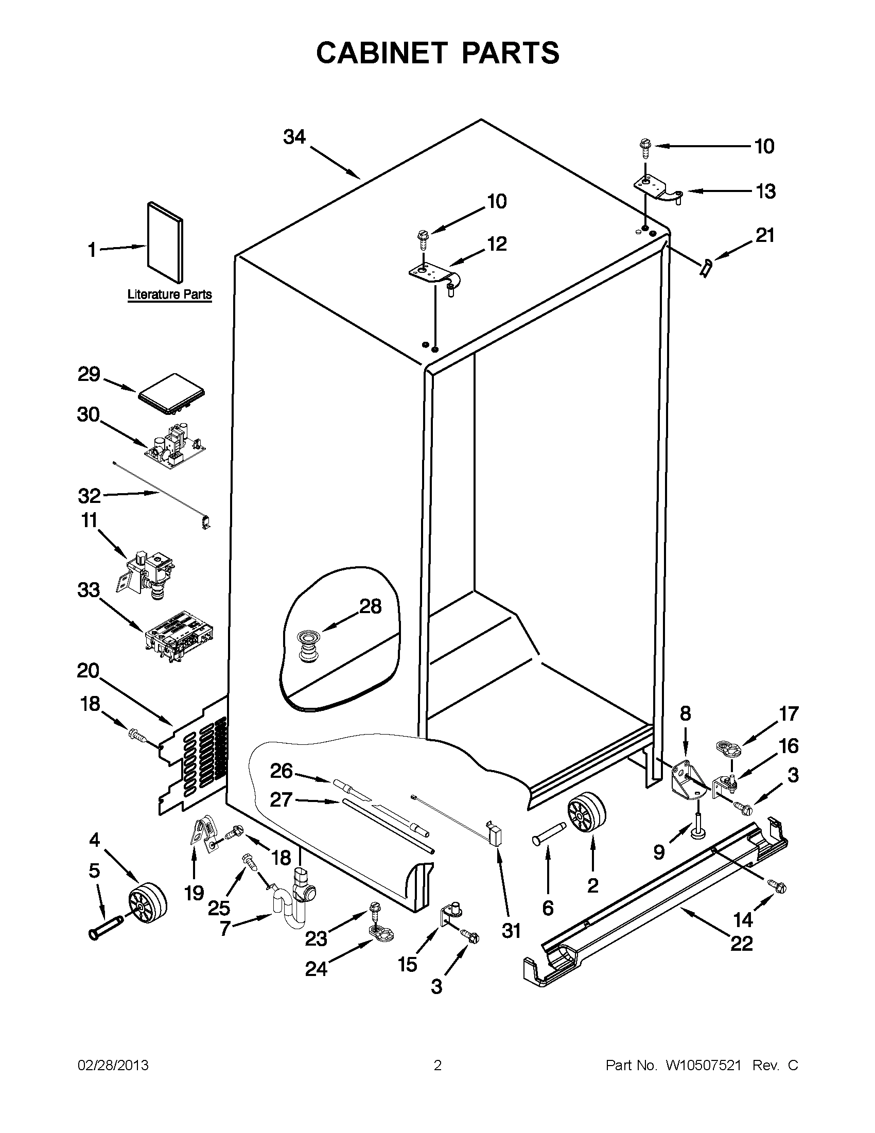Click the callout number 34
tap(294, 137)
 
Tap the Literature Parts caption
tap(170, 294)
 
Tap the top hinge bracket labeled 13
tap(655, 188)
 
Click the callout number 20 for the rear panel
tap(88, 671)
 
